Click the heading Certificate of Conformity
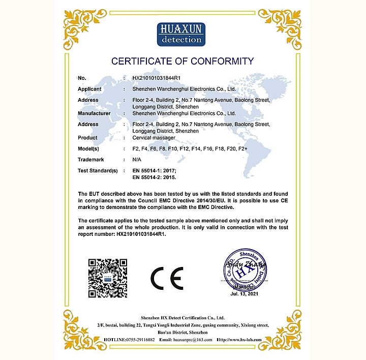point(182,62)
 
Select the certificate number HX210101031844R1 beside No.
point(157,78)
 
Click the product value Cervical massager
point(154,138)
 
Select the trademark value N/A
point(137,160)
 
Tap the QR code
point(107,278)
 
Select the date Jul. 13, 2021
point(245,294)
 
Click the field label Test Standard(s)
point(98,171)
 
